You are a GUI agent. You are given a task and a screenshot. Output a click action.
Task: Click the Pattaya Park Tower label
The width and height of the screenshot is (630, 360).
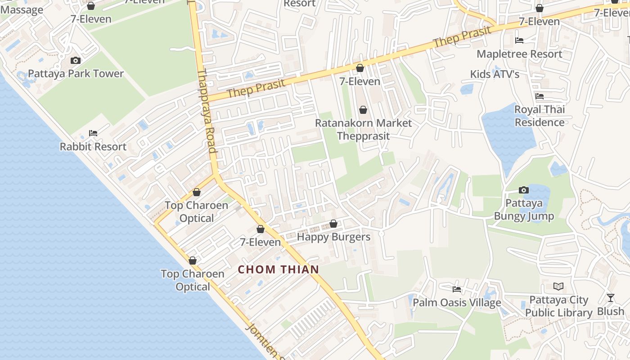pos(76,74)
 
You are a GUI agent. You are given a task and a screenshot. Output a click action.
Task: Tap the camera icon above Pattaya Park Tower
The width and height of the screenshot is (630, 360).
pos(76,60)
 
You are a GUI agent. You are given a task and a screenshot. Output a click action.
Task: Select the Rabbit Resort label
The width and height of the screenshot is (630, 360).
pos(93,147)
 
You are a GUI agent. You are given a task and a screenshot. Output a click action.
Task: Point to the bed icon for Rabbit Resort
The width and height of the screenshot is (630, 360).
pos(93,133)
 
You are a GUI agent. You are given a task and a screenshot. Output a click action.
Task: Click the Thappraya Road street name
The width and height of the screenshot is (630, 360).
pos(207,117)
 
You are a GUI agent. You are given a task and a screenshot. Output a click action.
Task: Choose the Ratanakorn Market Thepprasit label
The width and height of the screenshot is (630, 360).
pos(363,129)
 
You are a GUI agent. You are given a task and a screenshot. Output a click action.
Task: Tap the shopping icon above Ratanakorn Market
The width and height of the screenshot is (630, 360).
pos(363,110)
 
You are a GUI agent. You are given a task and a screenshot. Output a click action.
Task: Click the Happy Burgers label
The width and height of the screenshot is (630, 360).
pos(333,237)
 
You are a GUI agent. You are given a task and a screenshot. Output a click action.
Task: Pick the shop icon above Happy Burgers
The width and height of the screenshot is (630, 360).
pos(333,224)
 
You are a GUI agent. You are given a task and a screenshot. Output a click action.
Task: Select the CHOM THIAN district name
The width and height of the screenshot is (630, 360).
pos(278,270)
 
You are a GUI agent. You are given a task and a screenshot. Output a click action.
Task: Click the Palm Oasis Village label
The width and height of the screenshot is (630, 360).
pos(457,303)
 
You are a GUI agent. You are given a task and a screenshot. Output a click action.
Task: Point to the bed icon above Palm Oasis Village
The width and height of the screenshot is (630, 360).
pos(457,289)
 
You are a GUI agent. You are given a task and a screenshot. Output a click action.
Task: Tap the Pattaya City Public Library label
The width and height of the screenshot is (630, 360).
pos(558,306)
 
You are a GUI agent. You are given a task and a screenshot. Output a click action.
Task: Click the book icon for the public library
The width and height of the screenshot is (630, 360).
pos(558,286)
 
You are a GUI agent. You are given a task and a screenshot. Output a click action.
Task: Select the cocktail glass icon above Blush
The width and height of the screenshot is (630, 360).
pos(611,298)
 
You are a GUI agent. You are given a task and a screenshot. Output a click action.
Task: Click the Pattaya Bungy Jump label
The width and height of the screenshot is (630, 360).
pos(524,210)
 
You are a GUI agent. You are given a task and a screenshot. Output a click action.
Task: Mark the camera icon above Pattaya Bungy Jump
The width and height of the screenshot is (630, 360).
pos(524,190)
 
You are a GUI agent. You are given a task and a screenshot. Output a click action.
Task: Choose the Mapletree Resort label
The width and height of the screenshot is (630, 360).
pos(519,54)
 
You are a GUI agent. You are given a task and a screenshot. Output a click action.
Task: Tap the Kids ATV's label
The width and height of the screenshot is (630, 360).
pos(495,74)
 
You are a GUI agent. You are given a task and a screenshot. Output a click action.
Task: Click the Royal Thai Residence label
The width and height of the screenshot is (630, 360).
pos(539,116)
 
